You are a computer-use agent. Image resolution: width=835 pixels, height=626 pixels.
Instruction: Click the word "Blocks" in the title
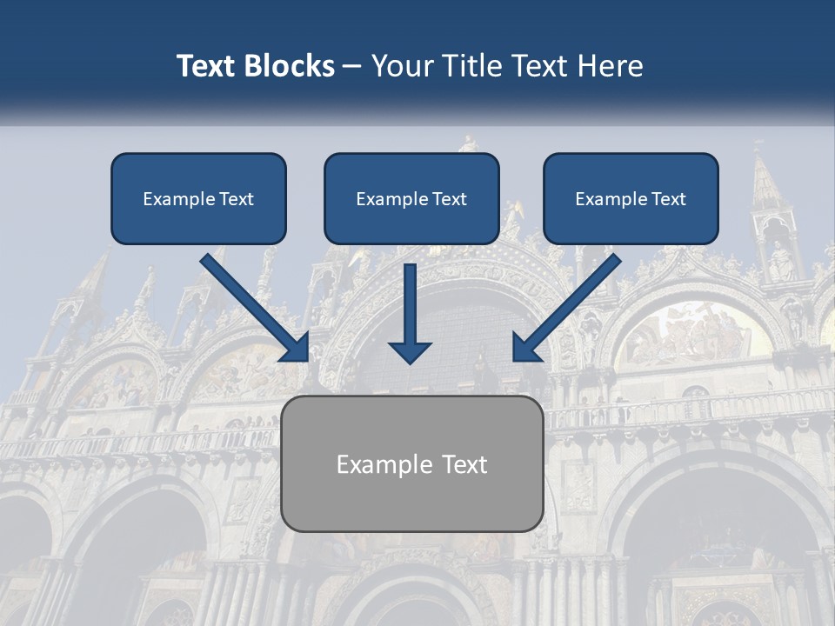pos(291,66)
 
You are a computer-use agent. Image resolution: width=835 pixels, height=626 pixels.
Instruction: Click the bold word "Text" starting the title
pos(208,66)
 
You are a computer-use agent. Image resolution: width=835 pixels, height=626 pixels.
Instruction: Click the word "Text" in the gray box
pos(464,464)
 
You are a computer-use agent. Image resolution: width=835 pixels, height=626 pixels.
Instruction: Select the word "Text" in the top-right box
pos(669,199)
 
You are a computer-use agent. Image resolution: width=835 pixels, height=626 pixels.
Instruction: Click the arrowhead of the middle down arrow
pos(410,351)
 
